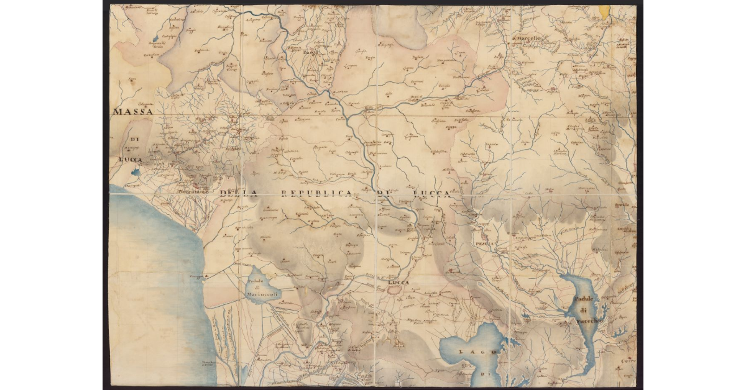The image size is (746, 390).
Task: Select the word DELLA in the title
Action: point(238,194)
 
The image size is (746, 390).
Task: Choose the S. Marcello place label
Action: point(528,39)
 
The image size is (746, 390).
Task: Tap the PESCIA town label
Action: point(484,244)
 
